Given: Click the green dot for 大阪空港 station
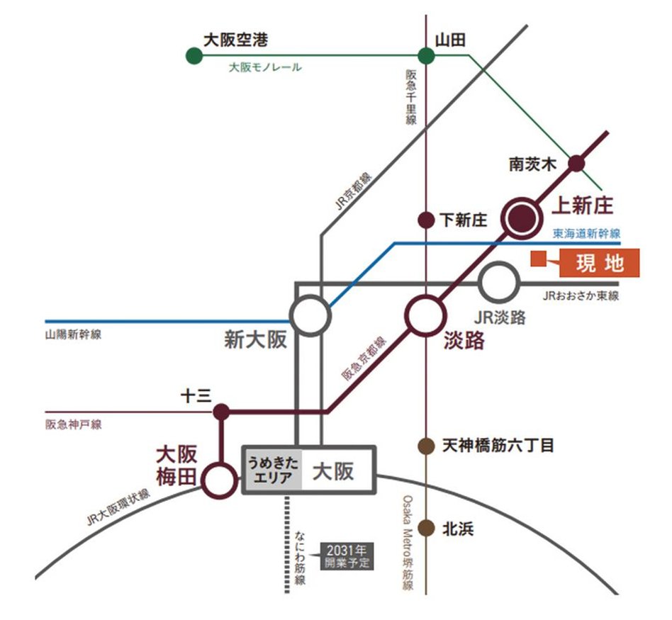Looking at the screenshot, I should point(192,56).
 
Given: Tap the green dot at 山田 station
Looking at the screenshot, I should point(426,56).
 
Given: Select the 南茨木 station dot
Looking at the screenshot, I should point(577,163).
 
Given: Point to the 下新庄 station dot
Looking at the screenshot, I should point(426,220).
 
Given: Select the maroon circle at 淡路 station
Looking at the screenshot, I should point(426,315).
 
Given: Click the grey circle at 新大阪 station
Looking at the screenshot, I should point(310,315).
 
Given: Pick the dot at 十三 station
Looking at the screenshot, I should point(221,411).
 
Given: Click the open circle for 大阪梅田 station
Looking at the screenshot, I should point(220,481).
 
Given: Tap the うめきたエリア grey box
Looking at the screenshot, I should point(273,469).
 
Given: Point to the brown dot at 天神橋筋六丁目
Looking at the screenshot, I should point(426,446).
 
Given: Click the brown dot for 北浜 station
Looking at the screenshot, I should point(426,528).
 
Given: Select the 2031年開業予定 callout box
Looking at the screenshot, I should point(347,557).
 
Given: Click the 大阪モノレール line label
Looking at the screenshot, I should point(265,68).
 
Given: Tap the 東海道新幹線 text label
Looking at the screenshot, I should point(586,233).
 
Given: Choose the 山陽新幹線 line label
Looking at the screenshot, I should point(73,334).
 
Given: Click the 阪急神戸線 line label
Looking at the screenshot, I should point(73,424).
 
